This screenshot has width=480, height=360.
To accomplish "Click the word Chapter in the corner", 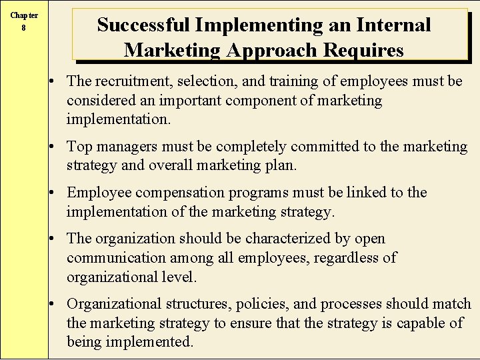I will point(24,15).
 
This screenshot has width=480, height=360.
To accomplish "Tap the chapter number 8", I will point(24,28).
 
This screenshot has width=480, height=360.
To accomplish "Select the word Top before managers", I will point(79,147).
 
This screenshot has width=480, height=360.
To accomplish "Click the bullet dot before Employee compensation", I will point(59,193).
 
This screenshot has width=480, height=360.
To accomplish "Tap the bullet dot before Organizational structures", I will point(59,305).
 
